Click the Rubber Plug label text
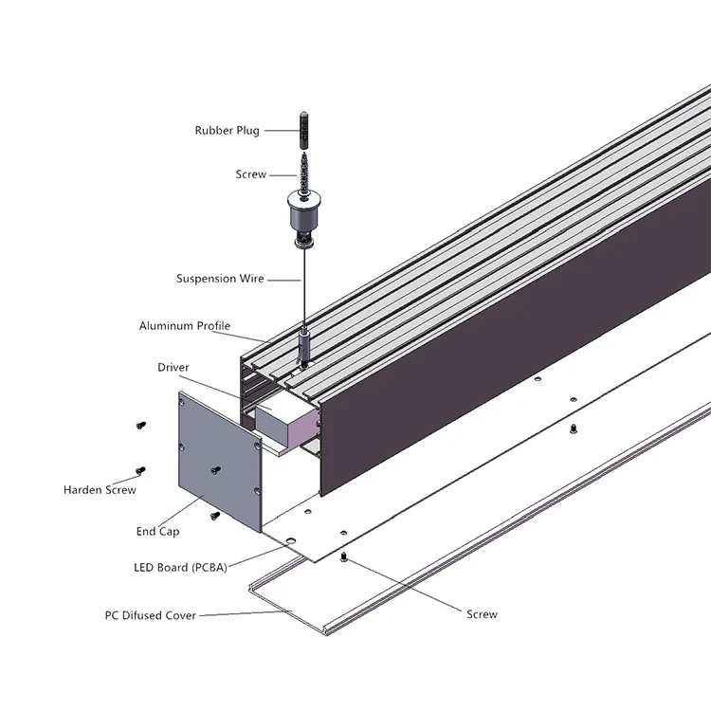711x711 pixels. coord(227,131)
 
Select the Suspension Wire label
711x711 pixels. coord(220,279)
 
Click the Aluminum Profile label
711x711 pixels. coord(185,326)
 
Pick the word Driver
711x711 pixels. coord(173,367)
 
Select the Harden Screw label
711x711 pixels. coord(100,490)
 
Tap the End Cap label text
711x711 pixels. coord(157,532)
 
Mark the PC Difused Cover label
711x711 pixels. coord(150,615)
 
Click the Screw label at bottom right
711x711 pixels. coord(482,614)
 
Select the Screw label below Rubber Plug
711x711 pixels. coord(250,174)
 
